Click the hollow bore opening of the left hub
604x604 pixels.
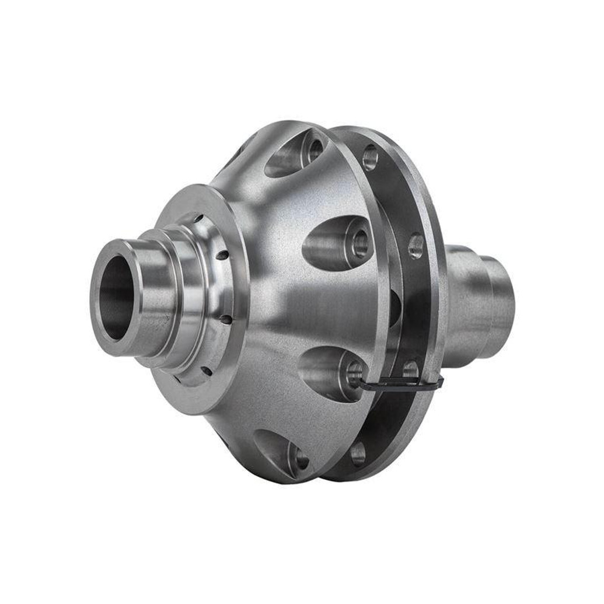[x=117, y=298]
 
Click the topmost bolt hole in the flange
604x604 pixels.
[x=370, y=156]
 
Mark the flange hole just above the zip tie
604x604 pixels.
[x=410, y=369]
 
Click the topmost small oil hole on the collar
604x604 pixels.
[x=199, y=219]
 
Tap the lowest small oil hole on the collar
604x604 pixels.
[x=205, y=371]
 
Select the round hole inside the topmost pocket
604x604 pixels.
[x=316, y=151]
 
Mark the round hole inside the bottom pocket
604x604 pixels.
[x=301, y=459]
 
